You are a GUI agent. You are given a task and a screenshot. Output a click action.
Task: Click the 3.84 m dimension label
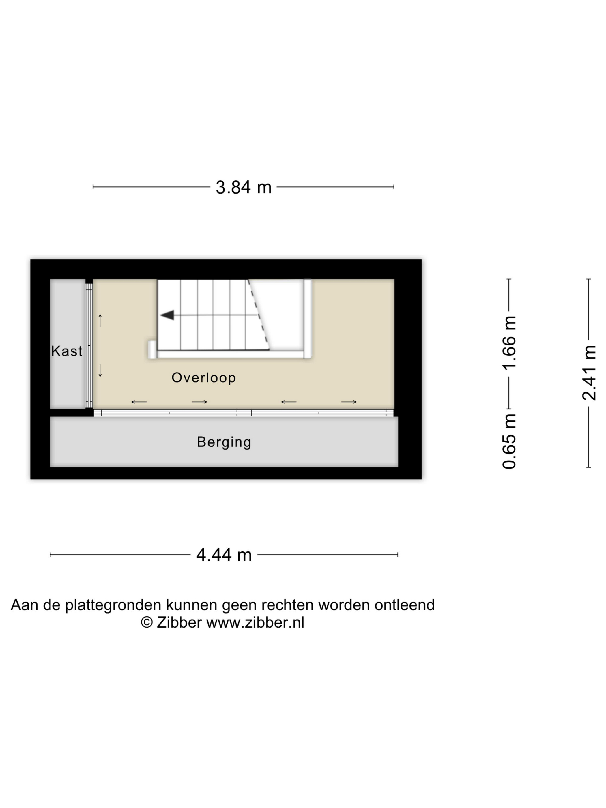(x=244, y=187)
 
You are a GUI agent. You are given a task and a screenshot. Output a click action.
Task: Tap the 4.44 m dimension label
(x=224, y=555)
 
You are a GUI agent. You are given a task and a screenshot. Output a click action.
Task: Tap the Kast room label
(x=67, y=351)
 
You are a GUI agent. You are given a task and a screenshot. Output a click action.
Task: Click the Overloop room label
(x=204, y=378)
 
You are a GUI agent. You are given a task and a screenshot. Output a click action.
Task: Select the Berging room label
(x=224, y=442)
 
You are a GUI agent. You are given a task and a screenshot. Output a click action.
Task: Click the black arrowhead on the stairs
(x=167, y=315)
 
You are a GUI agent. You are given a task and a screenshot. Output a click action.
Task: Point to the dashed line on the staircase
(x=258, y=315)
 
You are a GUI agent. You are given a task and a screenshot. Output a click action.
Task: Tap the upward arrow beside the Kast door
(x=100, y=320)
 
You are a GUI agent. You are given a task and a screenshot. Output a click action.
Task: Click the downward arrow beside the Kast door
(x=100, y=371)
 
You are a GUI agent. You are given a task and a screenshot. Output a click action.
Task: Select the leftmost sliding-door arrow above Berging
(x=139, y=402)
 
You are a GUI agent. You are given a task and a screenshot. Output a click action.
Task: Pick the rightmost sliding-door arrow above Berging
(x=349, y=402)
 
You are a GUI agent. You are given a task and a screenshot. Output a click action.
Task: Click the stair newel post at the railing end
(x=152, y=349)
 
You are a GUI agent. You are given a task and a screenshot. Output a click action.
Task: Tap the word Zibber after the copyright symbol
(x=179, y=623)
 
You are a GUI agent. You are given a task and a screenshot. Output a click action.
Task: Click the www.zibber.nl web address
(x=255, y=623)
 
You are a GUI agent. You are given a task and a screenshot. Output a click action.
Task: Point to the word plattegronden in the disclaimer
(x=113, y=605)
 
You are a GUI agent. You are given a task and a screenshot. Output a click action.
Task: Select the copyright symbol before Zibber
(x=147, y=623)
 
